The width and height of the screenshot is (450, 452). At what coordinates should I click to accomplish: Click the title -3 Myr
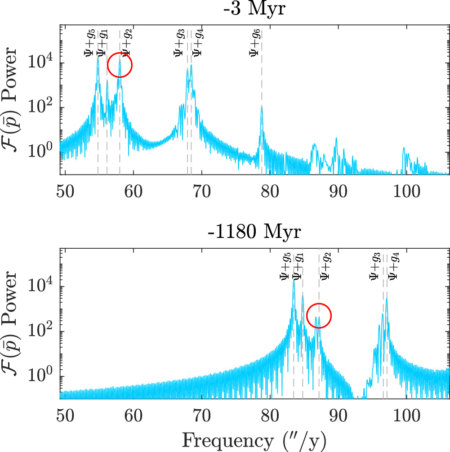pos(254,9)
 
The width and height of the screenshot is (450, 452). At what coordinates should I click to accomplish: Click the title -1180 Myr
pos(254,233)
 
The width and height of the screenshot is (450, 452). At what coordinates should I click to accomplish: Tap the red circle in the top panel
pos(120,65)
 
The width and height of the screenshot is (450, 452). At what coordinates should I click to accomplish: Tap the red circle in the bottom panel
pos(319,316)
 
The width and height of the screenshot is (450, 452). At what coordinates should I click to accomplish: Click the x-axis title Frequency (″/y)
pos(254,438)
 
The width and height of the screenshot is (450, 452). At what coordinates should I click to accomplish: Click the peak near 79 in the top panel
pos(261,107)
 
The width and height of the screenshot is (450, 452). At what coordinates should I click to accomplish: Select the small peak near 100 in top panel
pos(404,148)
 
